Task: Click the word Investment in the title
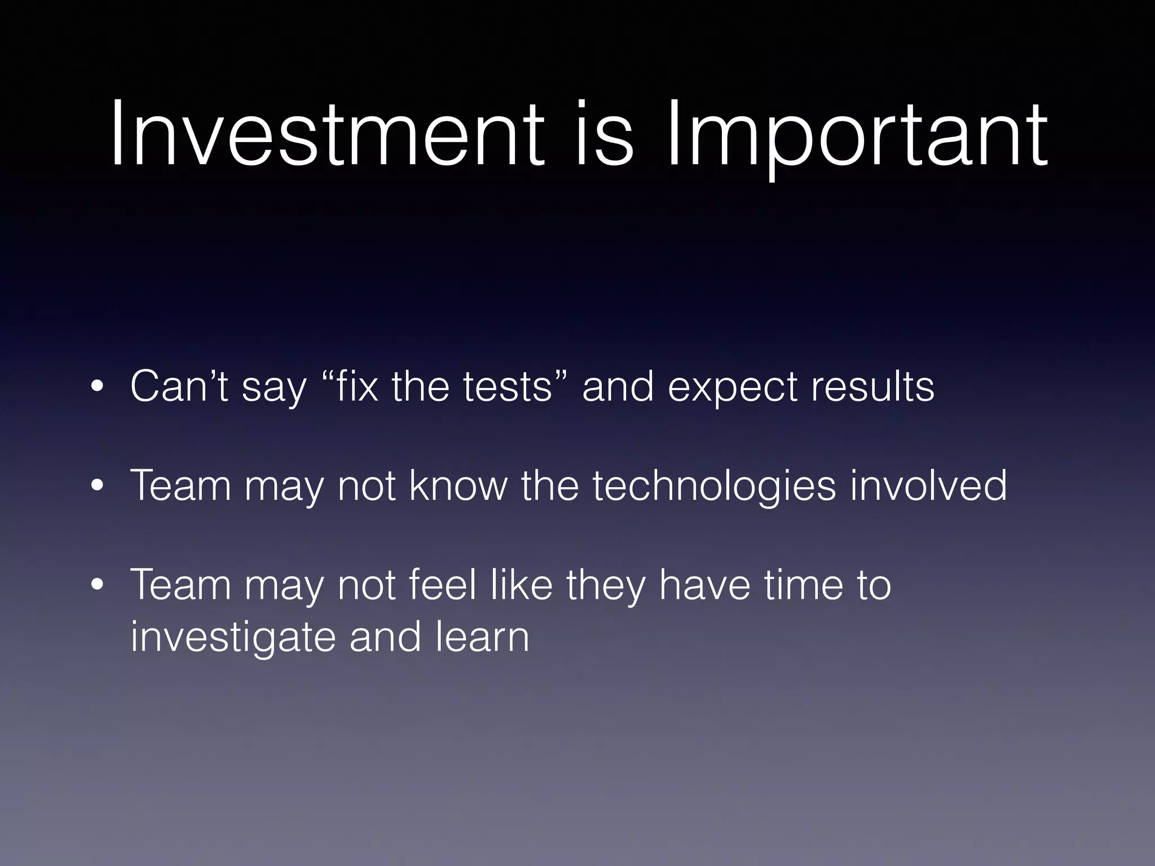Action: coord(327,135)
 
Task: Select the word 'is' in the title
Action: coord(604,135)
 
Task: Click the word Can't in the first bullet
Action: coord(179,387)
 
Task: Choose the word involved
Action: coord(928,485)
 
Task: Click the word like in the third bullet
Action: coord(522,585)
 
